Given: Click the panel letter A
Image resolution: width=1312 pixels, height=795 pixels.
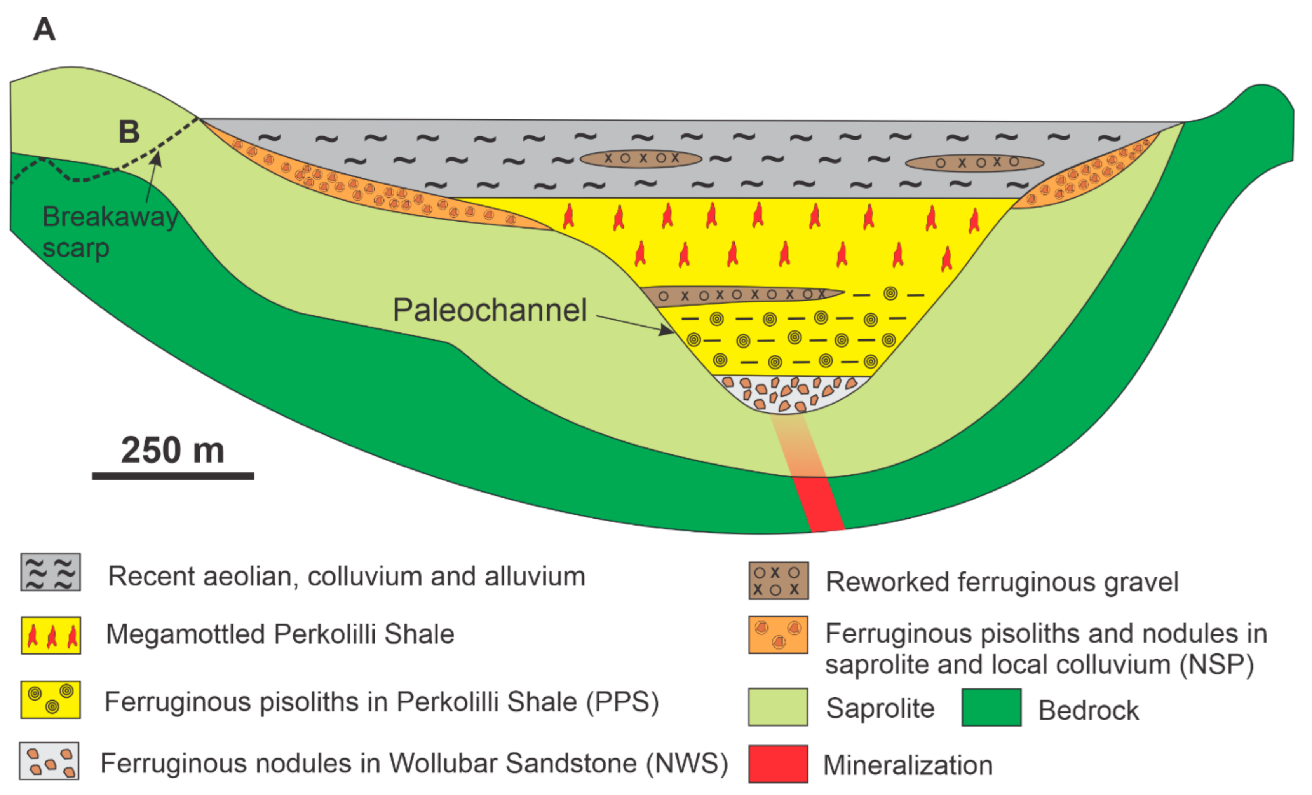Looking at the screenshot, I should [44, 29].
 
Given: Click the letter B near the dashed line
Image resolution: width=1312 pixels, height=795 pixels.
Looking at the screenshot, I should [129, 132].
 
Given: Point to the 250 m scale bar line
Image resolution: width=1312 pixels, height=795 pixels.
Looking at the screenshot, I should [172, 476].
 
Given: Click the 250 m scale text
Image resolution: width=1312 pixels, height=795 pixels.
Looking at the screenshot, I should [172, 450].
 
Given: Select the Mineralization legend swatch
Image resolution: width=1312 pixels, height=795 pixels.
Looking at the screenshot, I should [778, 764].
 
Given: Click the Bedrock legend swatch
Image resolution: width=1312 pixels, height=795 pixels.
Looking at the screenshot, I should [991, 707].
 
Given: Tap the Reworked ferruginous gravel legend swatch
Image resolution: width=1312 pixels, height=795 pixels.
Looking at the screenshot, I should [778, 580].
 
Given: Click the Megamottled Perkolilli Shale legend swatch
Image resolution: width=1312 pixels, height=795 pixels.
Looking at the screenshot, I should [51, 635].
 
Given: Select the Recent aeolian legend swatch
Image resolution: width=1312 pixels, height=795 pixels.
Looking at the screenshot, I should [51, 572].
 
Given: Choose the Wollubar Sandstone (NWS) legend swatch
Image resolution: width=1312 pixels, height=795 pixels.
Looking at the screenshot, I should [49, 760].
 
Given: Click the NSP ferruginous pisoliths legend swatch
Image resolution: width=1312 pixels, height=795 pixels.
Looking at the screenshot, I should [778, 634].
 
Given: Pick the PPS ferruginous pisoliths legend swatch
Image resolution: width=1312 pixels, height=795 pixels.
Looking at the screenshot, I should [51, 699].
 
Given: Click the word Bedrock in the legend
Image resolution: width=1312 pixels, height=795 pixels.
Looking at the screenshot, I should [1088, 710].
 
